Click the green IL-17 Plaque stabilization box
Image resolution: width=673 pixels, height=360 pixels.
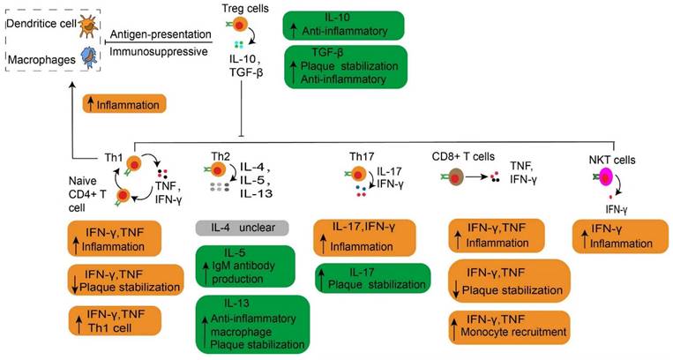[x=372, y=278]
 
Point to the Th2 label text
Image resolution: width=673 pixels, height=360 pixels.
[x=220, y=157]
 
